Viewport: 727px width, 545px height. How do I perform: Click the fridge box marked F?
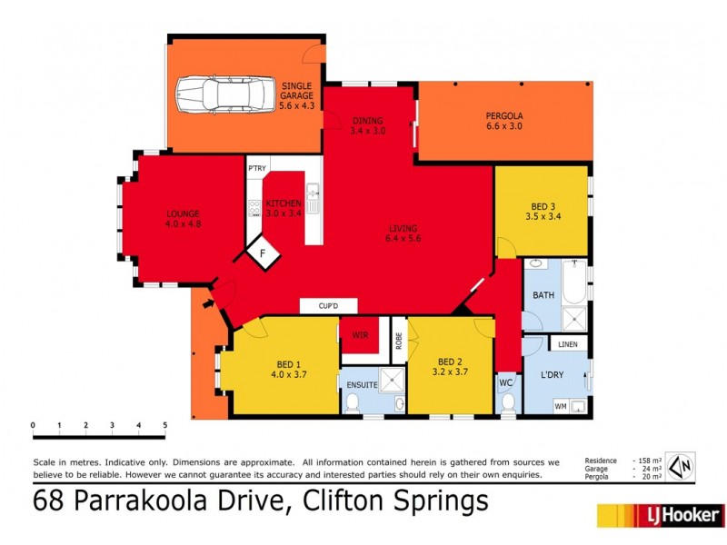pos(262,254)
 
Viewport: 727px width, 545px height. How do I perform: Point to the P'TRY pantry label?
pos(257,168)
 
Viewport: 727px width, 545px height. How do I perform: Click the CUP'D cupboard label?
pos(328,306)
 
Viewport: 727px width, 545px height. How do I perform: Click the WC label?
pos(506,383)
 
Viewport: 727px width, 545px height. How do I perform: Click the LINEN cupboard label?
pos(567,345)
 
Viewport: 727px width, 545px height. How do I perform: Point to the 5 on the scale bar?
pos(165,424)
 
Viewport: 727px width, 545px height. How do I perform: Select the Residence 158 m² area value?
pos(646,461)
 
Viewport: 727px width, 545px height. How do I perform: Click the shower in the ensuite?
pos(392,379)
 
